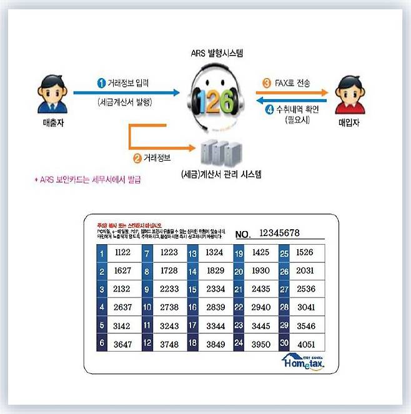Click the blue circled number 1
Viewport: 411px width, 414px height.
pyautogui.click(x=101, y=82)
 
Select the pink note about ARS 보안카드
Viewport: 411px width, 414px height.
pyautogui.click(x=87, y=180)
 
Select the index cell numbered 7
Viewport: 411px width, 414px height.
pyautogui.click(x=147, y=254)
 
